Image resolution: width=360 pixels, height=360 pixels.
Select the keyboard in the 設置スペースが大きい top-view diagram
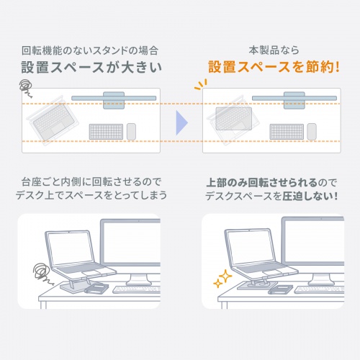coord(106,132)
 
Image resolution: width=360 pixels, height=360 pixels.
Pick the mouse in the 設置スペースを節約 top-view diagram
coord(311,132)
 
